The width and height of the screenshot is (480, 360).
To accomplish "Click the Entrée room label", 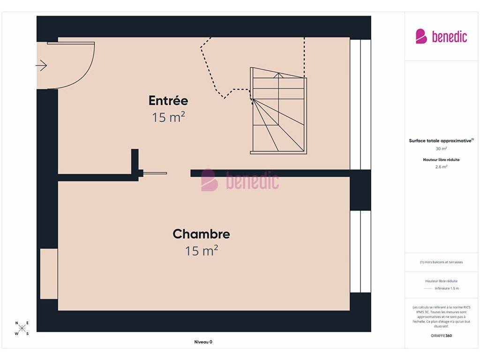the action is pyautogui.click(x=168, y=100).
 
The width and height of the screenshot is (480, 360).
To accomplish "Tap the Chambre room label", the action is pyautogui.click(x=202, y=234).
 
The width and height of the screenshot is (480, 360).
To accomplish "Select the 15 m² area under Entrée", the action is pyautogui.click(x=168, y=117).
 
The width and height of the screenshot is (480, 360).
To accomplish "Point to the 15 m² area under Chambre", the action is pyautogui.click(x=202, y=250).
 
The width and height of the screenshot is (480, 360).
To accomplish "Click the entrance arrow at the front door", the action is pyautogui.click(x=41, y=66).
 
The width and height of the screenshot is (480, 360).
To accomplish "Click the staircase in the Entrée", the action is pyautogui.click(x=278, y=111).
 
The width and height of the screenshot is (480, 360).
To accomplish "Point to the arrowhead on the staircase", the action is pyautogui.click(x=278, y=75).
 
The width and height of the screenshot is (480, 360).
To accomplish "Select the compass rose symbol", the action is pyautogui.click(x=22, y=329).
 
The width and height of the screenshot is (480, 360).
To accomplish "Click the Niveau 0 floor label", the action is pyautogui.click(x=203, y=342).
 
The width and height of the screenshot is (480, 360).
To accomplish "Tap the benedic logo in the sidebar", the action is pyautogui.click(x=441, y=37).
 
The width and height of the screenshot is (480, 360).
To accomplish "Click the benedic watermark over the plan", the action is pyautogui.click(x=240, y=180).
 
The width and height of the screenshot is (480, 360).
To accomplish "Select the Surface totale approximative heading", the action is pyautogui.click(x=441, y=141).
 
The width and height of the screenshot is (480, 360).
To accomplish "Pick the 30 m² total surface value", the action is pyautogui.click(x=441, y=149).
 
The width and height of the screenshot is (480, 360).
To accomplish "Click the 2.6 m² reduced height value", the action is pyautogui.click(x=441, y=167).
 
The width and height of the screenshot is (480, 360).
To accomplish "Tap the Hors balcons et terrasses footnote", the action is pyautogui.click(x=441, y=262).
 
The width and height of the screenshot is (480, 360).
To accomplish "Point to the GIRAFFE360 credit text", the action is pyautogui.click(x=441, y=336).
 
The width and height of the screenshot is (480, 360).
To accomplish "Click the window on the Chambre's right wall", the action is pyautogui.click(x=360, y=252).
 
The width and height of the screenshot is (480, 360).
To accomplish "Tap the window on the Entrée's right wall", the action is pyautogui.click(x=360, y=105).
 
